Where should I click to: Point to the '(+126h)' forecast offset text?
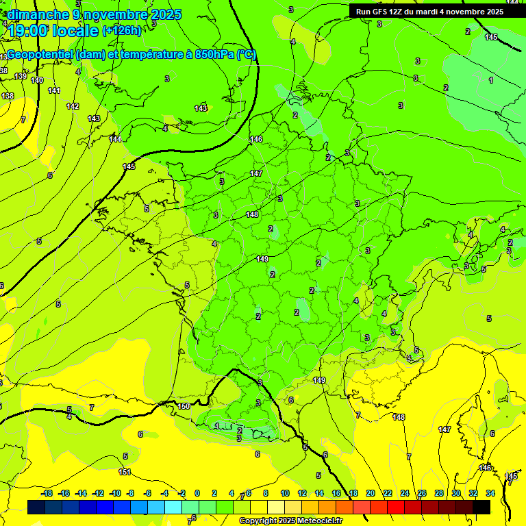121,31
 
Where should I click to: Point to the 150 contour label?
184,407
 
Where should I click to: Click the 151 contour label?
125,472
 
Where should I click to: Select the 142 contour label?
73,106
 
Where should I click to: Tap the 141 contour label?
54,91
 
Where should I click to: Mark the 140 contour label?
37,81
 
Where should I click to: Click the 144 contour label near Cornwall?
116,139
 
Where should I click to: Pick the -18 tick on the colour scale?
47,493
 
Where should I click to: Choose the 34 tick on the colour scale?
490,493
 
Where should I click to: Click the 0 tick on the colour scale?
197,493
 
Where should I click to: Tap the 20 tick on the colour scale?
371,493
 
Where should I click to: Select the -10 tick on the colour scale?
115,493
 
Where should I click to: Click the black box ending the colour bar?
481,507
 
